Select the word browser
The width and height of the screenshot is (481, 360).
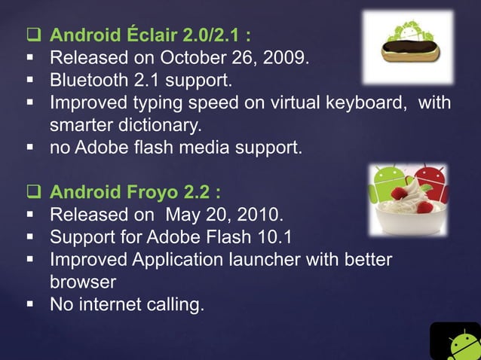[83, 282]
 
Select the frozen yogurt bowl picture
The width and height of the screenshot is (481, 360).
[407, 200]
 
